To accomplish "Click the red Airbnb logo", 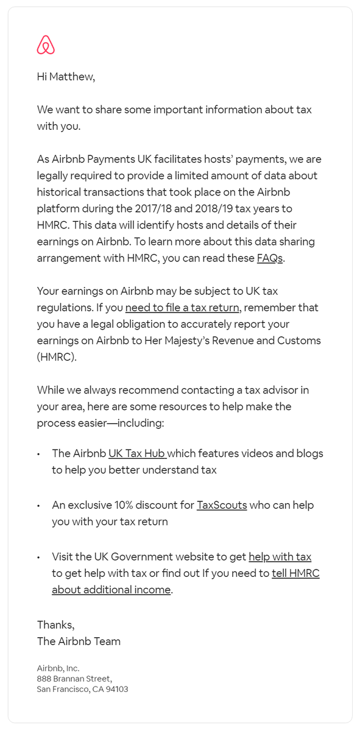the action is click(x=46, y=45).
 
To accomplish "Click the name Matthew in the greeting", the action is click(x=72, y=77).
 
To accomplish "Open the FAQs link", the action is click(x=270, y=258).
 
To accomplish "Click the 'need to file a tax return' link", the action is click(x=182, y=308).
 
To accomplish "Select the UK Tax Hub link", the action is click(x=138, y=453).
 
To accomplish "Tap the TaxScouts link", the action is click(x=222, y=505).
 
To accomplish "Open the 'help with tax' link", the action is click(x=280, y=557).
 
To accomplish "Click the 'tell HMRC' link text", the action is click(x=295, y=573).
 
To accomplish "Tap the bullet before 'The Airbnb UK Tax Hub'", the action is click(x=38, y=454).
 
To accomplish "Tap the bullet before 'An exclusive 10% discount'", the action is click(x=38, y=506).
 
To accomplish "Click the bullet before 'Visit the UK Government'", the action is click(x=38, y=557).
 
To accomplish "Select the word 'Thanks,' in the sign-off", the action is click(x=55, y=624).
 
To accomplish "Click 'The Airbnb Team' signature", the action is click(x=79, y=641).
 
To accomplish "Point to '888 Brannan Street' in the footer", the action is click(x=74, y=679).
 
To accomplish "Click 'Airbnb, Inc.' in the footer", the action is click(x=58, y=668).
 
